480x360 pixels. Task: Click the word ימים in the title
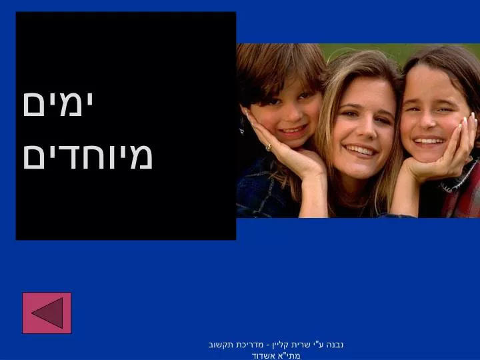coord(58,104)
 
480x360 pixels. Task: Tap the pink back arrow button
coord(47,313)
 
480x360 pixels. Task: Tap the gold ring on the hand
coord(269,147)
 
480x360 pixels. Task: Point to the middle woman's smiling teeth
coord(361,150)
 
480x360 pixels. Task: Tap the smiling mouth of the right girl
coord(429,141)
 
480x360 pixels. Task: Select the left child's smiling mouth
coord(293,129)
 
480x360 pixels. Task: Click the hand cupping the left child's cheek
coord(285,147)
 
